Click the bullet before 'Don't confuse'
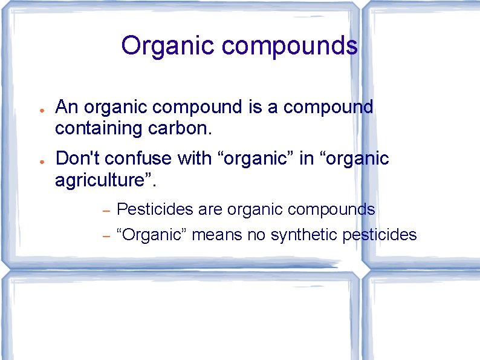coord(38,162)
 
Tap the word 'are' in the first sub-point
coord(210,210)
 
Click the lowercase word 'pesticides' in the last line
coord(380,234)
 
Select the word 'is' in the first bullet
coord(255,107)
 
